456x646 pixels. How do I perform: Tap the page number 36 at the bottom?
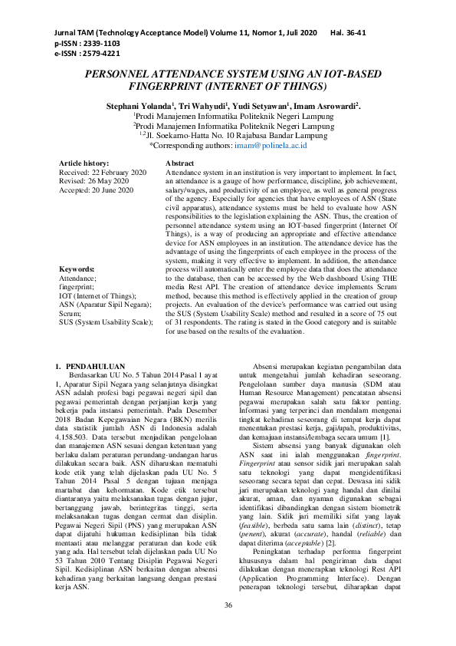[228, 607]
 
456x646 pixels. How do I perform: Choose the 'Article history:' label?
[83, 164]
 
